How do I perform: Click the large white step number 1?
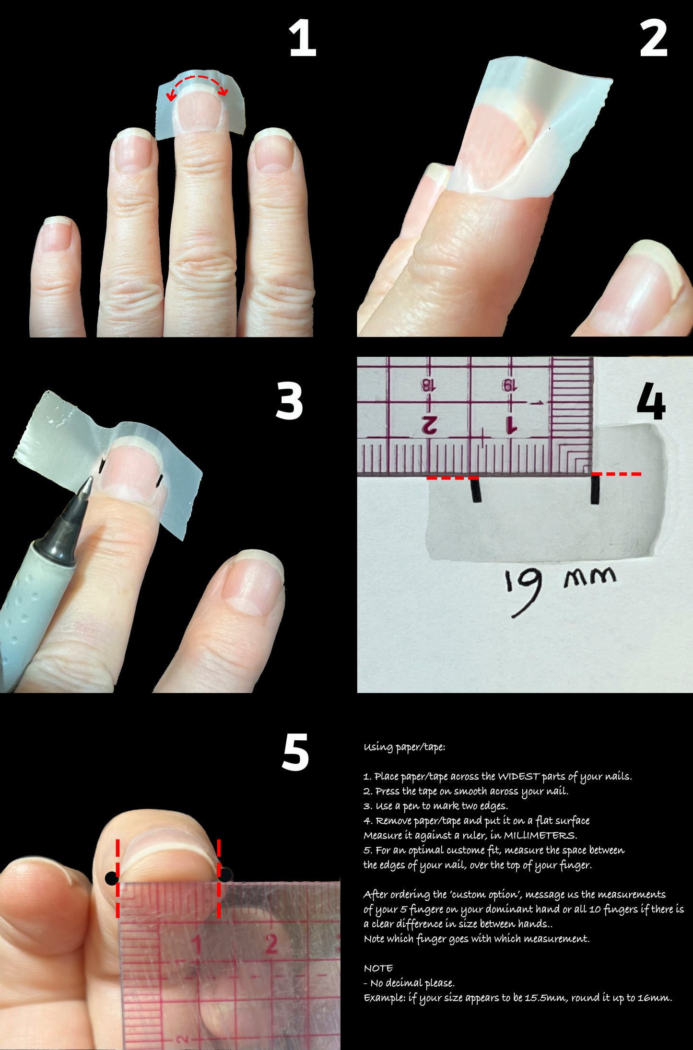[x=302, y=39]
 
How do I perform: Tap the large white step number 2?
[x=653, y=39]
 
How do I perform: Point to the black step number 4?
[x=651, y=401]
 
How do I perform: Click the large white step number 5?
[x=295, y=752]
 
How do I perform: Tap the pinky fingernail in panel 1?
[x=58, y=233]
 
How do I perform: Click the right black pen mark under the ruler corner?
[x=595, y=489]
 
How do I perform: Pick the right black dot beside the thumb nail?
[x=225, y=875]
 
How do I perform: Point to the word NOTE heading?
[x=378, y=968]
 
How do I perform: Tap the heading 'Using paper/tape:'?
[x=404, y=747]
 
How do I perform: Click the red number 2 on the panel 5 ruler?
[x=271, y=944]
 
